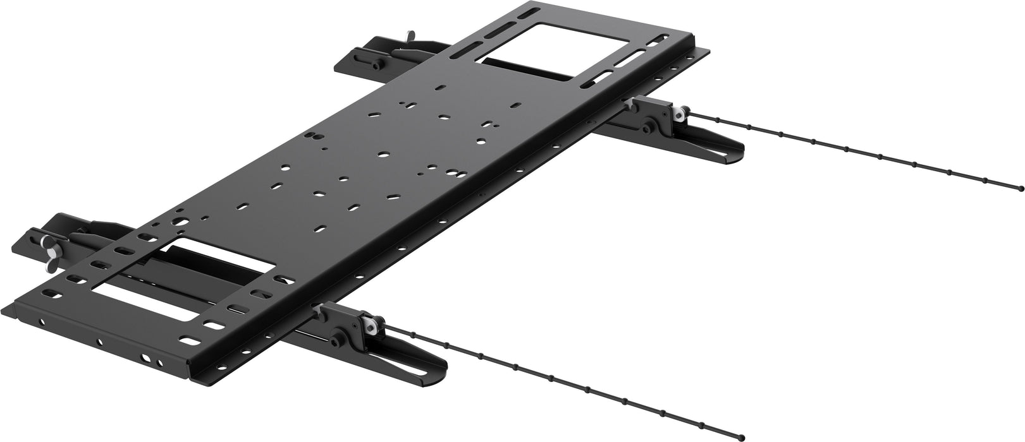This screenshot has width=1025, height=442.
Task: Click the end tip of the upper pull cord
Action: coord(1021,187)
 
